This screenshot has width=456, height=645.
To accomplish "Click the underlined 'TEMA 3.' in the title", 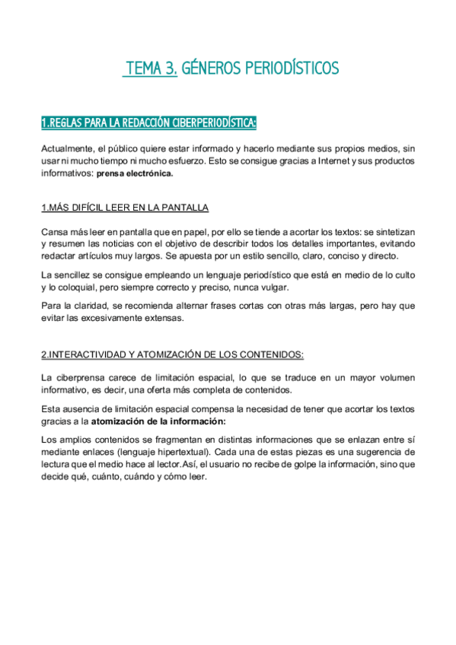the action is (x=151, y=69).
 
